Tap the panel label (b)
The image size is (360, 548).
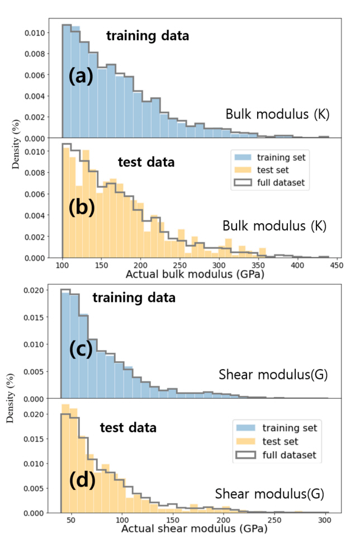point(82,207)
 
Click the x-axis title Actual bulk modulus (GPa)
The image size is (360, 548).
point(195,275)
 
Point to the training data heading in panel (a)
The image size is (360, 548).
point(148,36)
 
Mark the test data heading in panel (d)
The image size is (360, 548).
point(127,428)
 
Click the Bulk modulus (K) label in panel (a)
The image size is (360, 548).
point(278,114)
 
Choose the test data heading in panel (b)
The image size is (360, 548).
point(146,162)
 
